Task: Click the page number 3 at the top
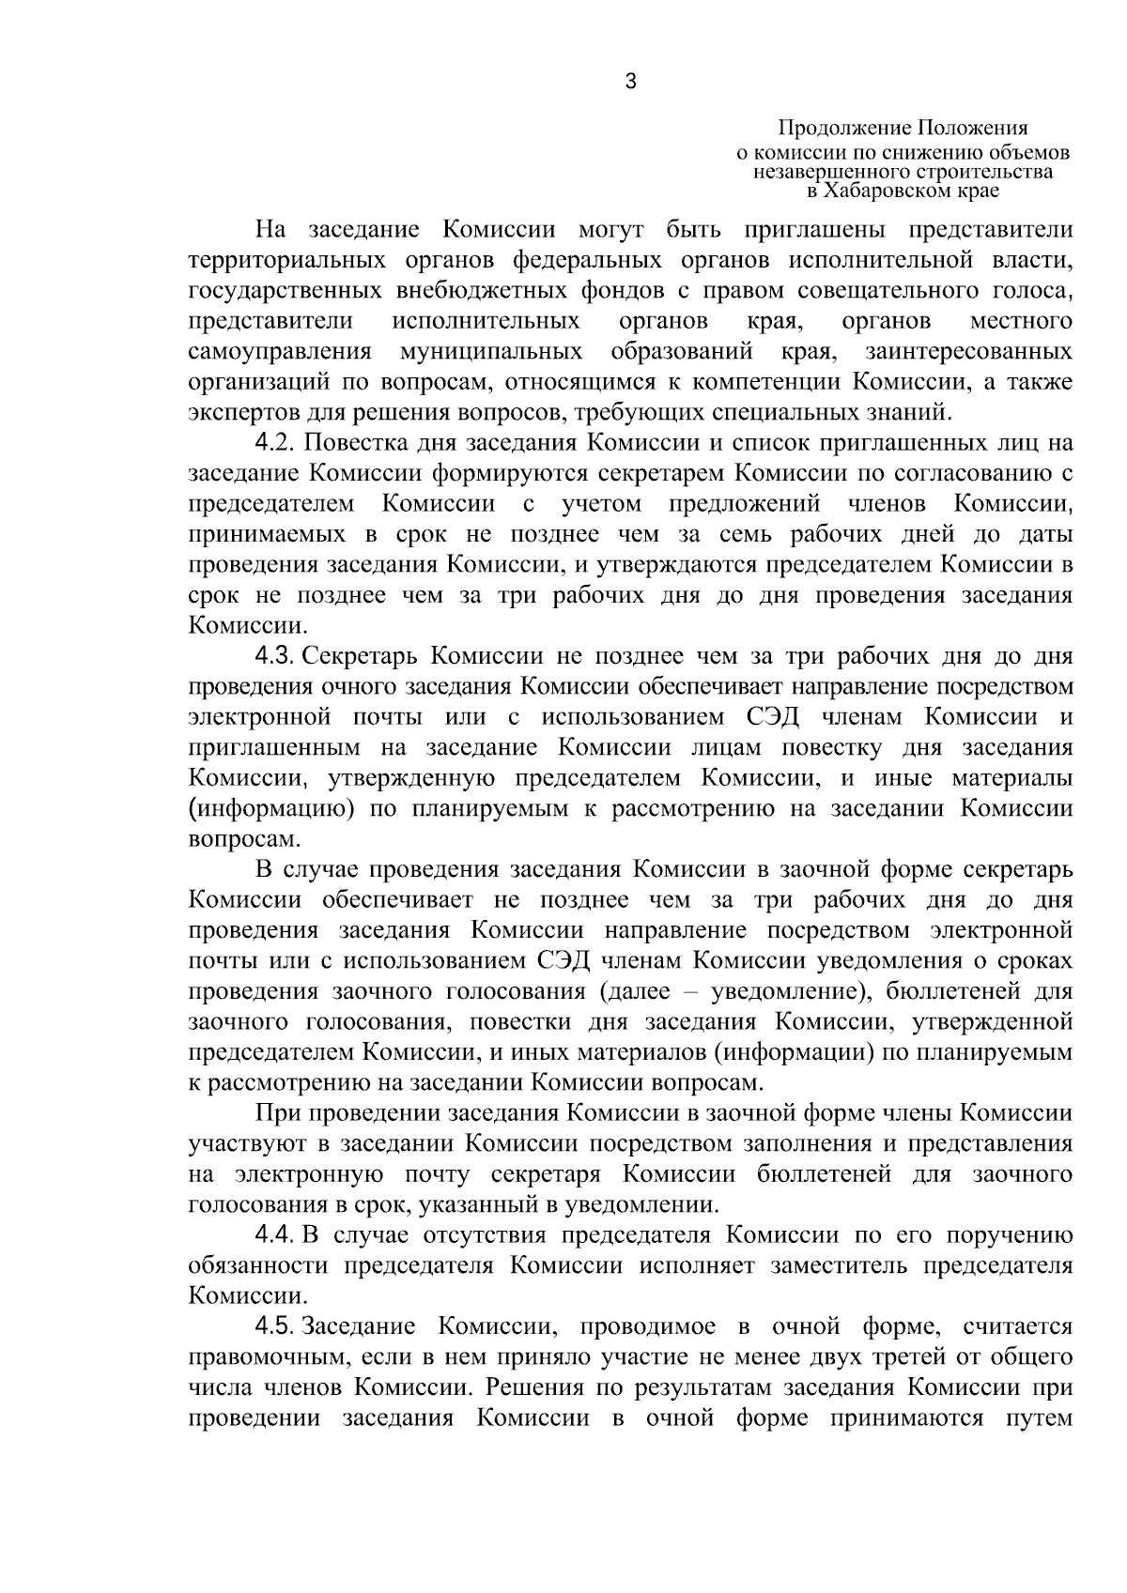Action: click(x=630, y=83)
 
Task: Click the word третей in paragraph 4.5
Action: click(x=936, y=1357)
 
